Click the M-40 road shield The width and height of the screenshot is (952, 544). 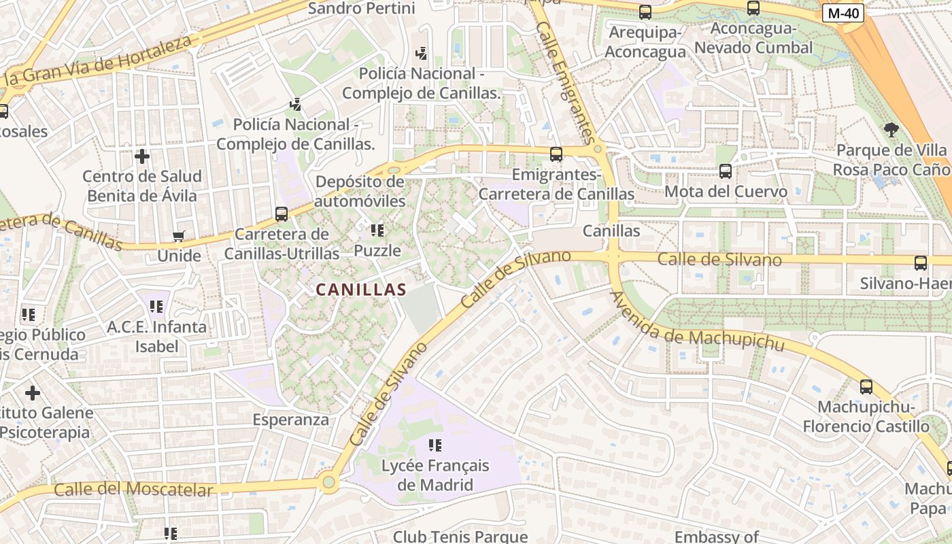[x=843, y=13]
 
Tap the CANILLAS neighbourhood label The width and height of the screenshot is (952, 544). [x=361, y=290]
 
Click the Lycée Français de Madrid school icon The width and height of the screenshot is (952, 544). [x=435, y=445]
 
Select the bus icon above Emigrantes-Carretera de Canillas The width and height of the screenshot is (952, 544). [x=556, y=154]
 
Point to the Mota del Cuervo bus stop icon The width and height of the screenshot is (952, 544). [x=726, y=171]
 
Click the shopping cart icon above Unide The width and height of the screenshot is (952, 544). [x=178, y=237]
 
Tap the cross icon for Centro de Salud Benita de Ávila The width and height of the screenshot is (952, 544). [x=141, y=156]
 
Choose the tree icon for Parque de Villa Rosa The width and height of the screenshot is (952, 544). [x=891, y=129]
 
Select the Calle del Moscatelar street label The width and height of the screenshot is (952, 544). [x=133, y=489]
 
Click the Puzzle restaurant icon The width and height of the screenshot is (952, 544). [x=377, y=231]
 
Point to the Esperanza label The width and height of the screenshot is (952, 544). [x=291, y=420]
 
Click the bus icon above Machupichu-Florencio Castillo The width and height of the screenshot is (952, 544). [x=866, y=387]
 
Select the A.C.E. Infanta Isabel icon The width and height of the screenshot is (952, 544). [x=156, y=307]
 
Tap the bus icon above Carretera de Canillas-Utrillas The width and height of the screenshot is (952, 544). [x=282, y=214]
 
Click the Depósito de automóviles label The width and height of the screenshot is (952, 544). [x=360, y=192]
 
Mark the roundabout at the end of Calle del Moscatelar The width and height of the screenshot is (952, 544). [x=329, y=483]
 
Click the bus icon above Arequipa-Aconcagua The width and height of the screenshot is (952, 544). [x=645, y=12]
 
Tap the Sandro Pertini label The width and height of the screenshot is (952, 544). [x=362, y=8]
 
